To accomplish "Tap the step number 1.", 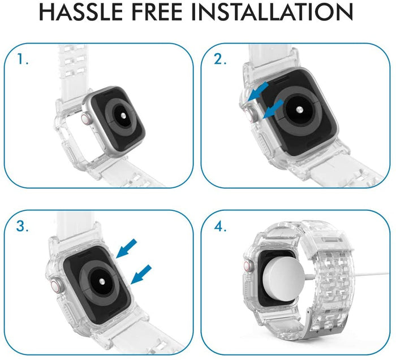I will [23, 59].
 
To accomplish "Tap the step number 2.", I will [220, 59].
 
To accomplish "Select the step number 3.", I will [23, 227].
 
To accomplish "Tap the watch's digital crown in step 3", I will [55, 285].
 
